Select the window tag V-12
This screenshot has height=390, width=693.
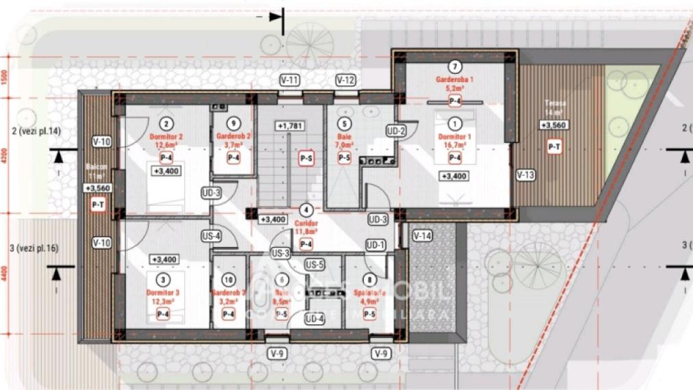(x=346, y=80)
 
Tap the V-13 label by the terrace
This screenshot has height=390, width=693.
(x=526, y=174)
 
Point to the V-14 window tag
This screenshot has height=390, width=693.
(x=423, y=235)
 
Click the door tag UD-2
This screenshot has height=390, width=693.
(x=396, y=131)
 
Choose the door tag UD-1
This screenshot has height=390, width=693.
(x=375, y=244)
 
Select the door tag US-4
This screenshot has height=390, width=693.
(x=211, y=237)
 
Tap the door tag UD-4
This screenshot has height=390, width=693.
(x=314, y=318)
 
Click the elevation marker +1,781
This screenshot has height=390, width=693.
(x=290, y=126)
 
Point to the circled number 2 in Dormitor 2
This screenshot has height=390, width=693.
(x=165, y=124)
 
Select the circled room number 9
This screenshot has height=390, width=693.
(x=234, y=124)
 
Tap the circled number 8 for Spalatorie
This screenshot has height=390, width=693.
(x=370, y=279)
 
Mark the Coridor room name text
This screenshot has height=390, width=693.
(x=306, y=224)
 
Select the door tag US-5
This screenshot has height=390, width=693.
(x=314, y=265)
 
